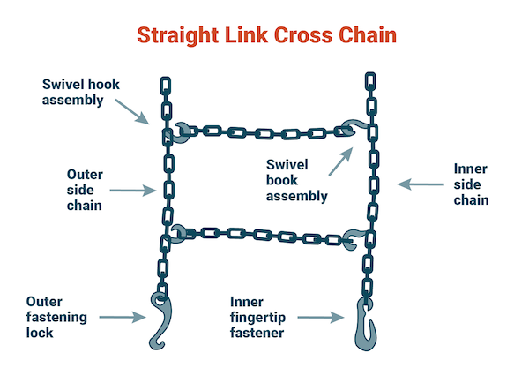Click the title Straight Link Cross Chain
click(264, 34)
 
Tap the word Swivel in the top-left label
click(64, 85)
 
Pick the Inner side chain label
click(470, 184)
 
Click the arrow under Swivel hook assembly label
click(136, 113)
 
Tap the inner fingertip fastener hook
click(362, 324)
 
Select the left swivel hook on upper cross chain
click(182, 132)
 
